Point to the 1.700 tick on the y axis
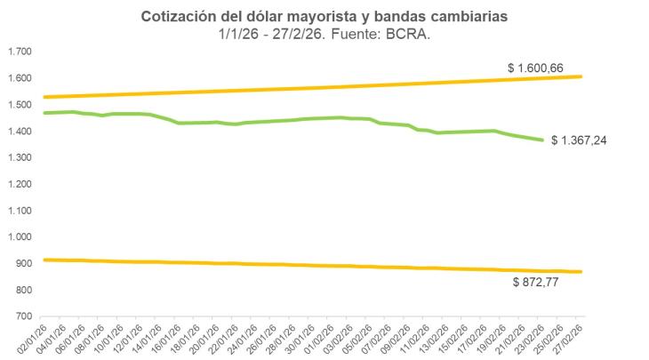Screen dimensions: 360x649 [19, 52]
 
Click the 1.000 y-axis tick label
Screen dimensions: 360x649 [19, 237]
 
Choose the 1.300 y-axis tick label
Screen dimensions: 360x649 [19, 158]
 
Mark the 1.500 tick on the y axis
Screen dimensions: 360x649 [19, 105]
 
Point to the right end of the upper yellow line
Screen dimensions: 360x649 [581, 76]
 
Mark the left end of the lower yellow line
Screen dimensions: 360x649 [44, 260]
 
